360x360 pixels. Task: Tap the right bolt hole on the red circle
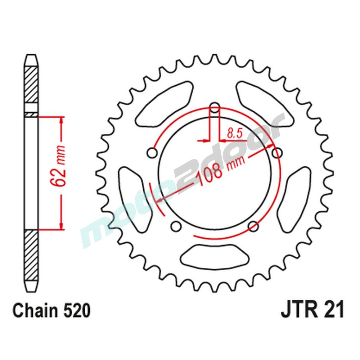pyautogui.click(x=277, y=153)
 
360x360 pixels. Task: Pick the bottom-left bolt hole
pyautogui.click(x=176, y=226)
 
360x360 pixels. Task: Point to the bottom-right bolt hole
pyautogui.click(x=253, y=226)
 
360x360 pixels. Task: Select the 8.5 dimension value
pyautogui.click(x=234, y=134)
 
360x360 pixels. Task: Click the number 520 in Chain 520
pyautogui.click(x=75, y=311)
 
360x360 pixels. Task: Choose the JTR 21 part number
pyautogui.click(x=312, y=310)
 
